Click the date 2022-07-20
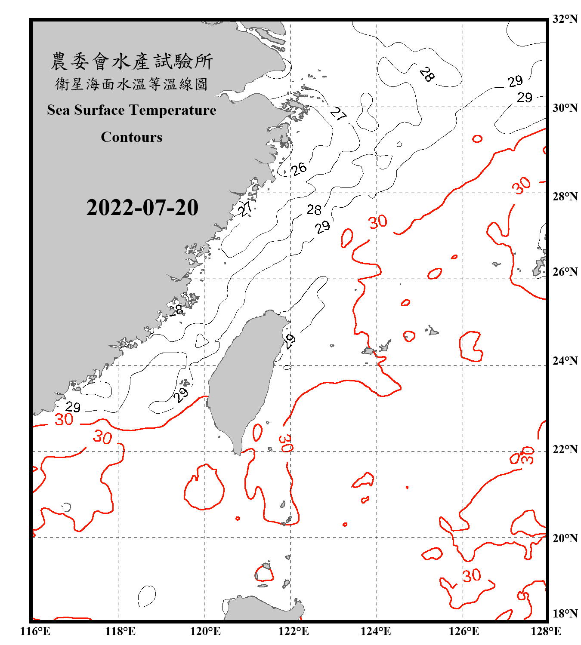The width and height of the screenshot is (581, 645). coord(142,208)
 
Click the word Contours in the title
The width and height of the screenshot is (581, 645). coord(132,137)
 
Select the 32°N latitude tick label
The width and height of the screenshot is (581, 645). coord(565,19)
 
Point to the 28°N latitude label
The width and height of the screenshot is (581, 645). coord(565,197)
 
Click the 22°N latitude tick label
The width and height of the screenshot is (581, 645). coord(565,449)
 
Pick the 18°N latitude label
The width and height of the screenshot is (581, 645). coord(565,614)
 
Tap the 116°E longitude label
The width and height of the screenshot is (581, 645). coord(35,631)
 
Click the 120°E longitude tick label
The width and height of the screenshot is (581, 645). coord(205,631)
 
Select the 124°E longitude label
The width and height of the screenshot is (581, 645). coord(376,631)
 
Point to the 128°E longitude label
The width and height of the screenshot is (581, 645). coord(546,631)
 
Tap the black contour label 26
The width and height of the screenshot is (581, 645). coord(299,169)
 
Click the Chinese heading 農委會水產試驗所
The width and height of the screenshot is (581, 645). coord(132,61)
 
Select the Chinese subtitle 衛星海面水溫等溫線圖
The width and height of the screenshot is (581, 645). coord(132,84)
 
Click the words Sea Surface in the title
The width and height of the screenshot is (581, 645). coord(86,110)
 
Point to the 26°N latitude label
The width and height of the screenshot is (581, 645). coord(565,272)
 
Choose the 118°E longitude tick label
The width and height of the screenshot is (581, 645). coord(120,631)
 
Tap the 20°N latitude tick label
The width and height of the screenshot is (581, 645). coord(565,538)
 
